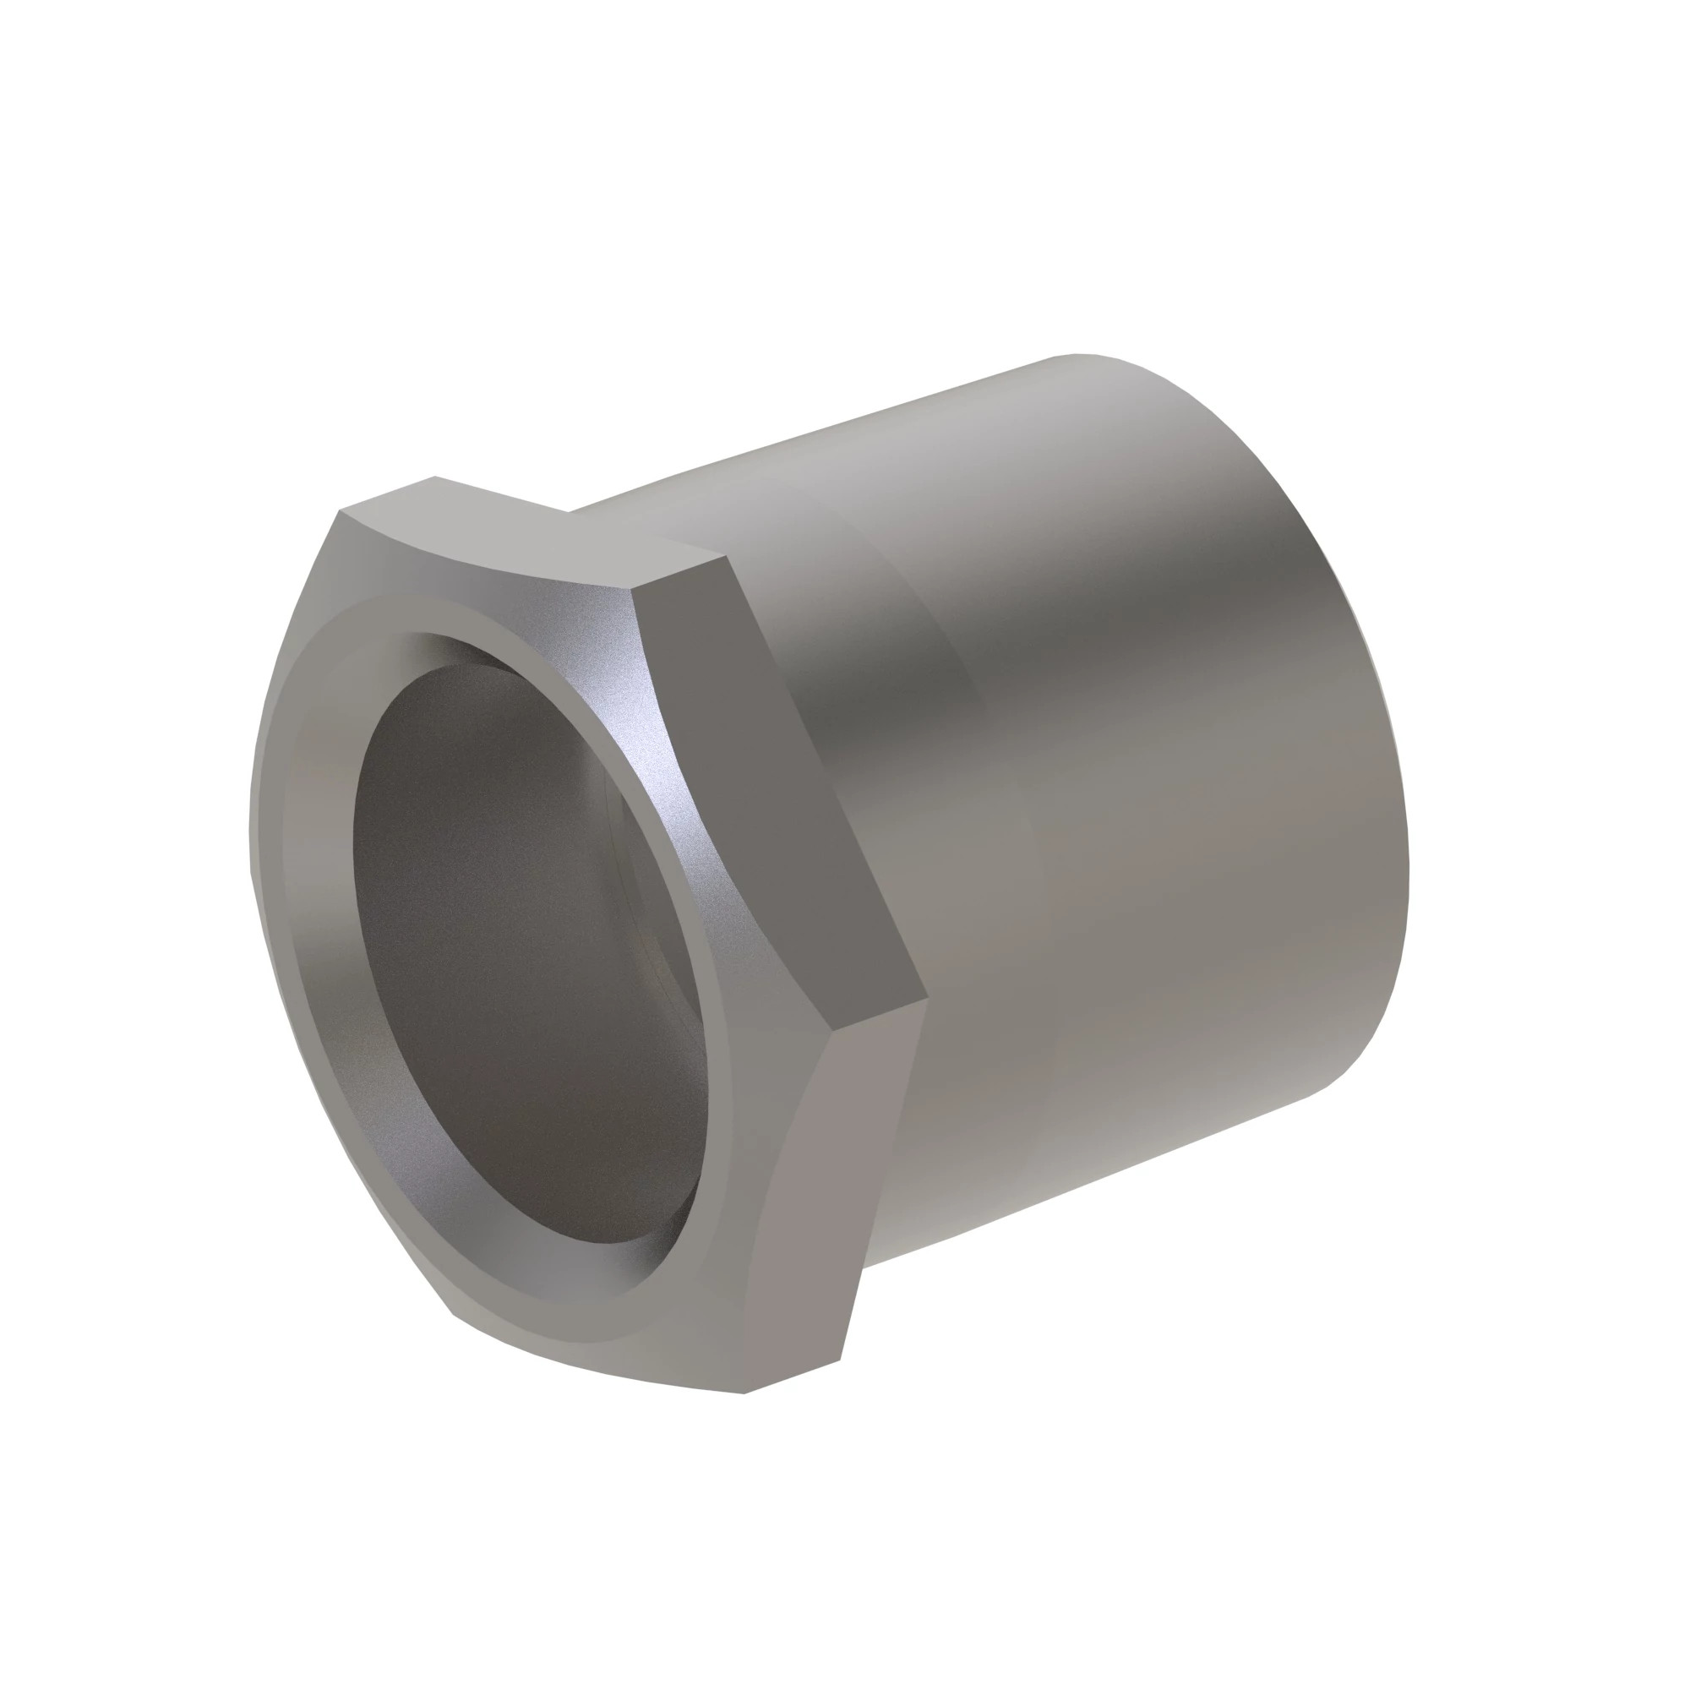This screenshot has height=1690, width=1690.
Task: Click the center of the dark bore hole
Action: pos(525,953)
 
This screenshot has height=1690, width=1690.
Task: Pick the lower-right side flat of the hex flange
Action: pos(831,1198)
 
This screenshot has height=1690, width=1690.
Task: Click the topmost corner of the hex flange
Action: pos(434,477)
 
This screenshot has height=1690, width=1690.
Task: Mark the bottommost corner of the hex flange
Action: pos(744,1393)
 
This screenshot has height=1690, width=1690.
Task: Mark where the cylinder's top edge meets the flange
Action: pos(570,510)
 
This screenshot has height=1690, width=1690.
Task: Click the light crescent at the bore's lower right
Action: pos(673,1224)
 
